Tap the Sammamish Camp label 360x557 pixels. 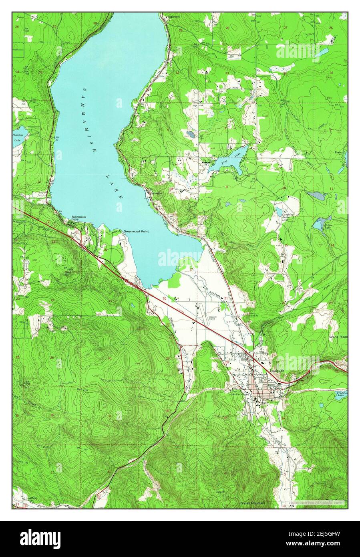pyautogui.click(x=78, y=218)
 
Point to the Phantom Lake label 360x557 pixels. pyautogui.click(x=18, y=137)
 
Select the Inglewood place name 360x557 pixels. pyautogui.click(x=174, y=17)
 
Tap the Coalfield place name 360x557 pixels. pyautogui.click(x=29, y=498)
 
